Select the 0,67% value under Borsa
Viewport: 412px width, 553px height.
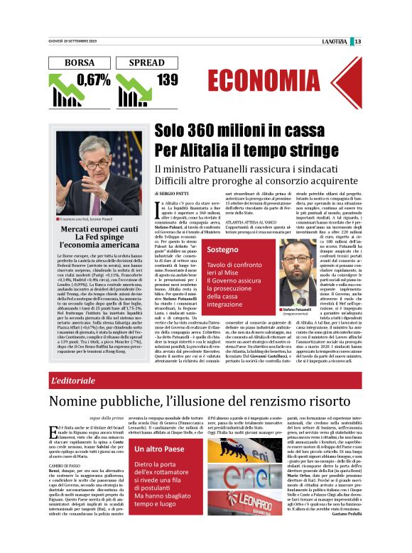[94, 80]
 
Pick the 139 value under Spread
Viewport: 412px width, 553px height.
[168, 80]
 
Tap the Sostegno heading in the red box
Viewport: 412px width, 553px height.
[223, 251]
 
